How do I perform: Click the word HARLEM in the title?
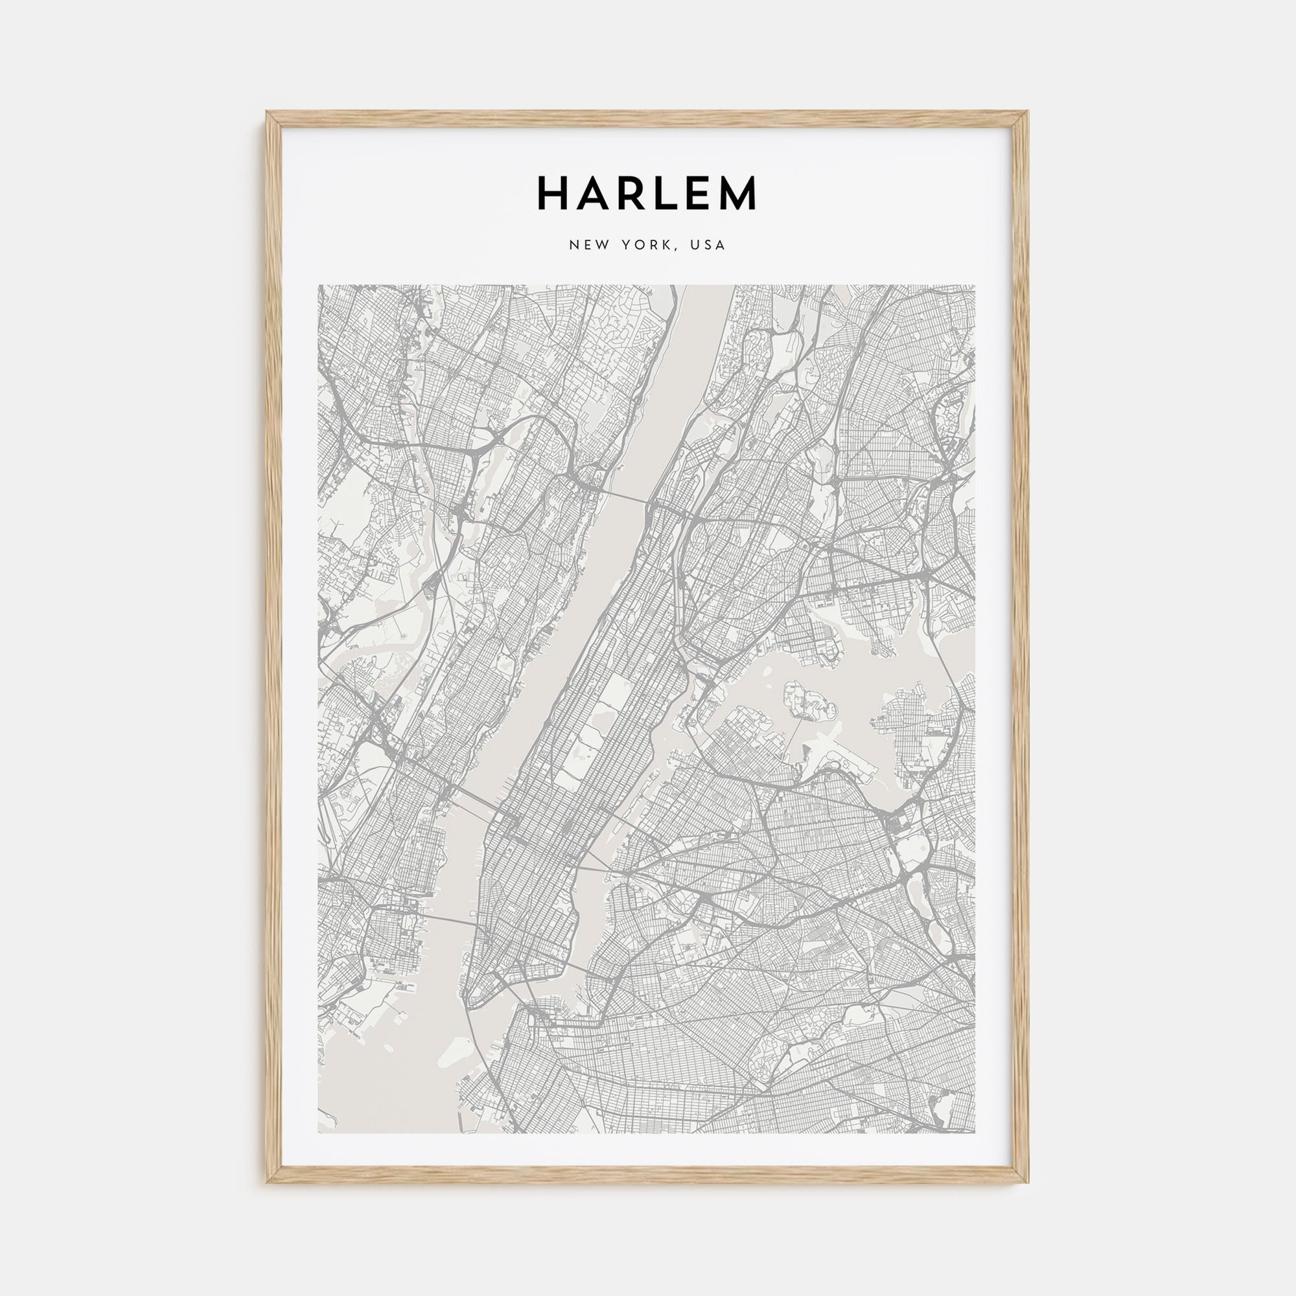[x=647, y=194]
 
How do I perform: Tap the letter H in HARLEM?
[x=552, y=194]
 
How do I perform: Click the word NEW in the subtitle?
[x=586, y=246]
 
